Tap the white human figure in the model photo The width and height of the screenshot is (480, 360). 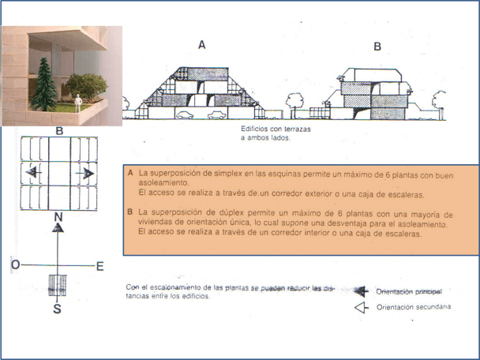point(79,103)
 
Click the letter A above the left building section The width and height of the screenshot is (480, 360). point(202,45)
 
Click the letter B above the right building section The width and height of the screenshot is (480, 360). point(377,47)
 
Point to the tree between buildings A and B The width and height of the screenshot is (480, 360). point(295,101)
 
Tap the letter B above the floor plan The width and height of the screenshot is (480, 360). point(59,130)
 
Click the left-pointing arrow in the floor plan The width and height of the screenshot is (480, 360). point(33,171)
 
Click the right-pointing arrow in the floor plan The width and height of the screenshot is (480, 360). point(87,172)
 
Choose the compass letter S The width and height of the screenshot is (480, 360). point(57,309)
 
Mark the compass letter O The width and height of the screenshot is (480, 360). point(15,265)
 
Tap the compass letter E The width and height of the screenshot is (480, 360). point(99,266)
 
